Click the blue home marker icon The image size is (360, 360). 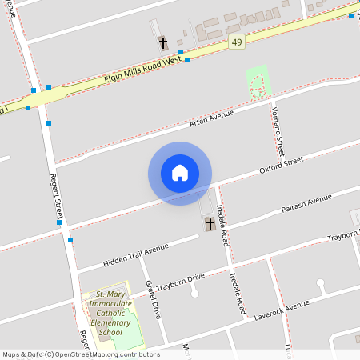pyautogui.click(x=180, y=173)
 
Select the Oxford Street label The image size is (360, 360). pyautogui.click(x=281, y=166)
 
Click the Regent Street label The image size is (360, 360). pyautogui.click(x=57, y=197)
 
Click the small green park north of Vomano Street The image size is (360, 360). pyautogui.click(x=257, y=83)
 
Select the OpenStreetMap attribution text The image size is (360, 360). pyautogui.click(x=81, y=354)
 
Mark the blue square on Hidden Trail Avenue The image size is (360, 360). pyautogui.click(x=70, y=239)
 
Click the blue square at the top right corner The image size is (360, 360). pyautogui.click(x=351, y=16)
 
